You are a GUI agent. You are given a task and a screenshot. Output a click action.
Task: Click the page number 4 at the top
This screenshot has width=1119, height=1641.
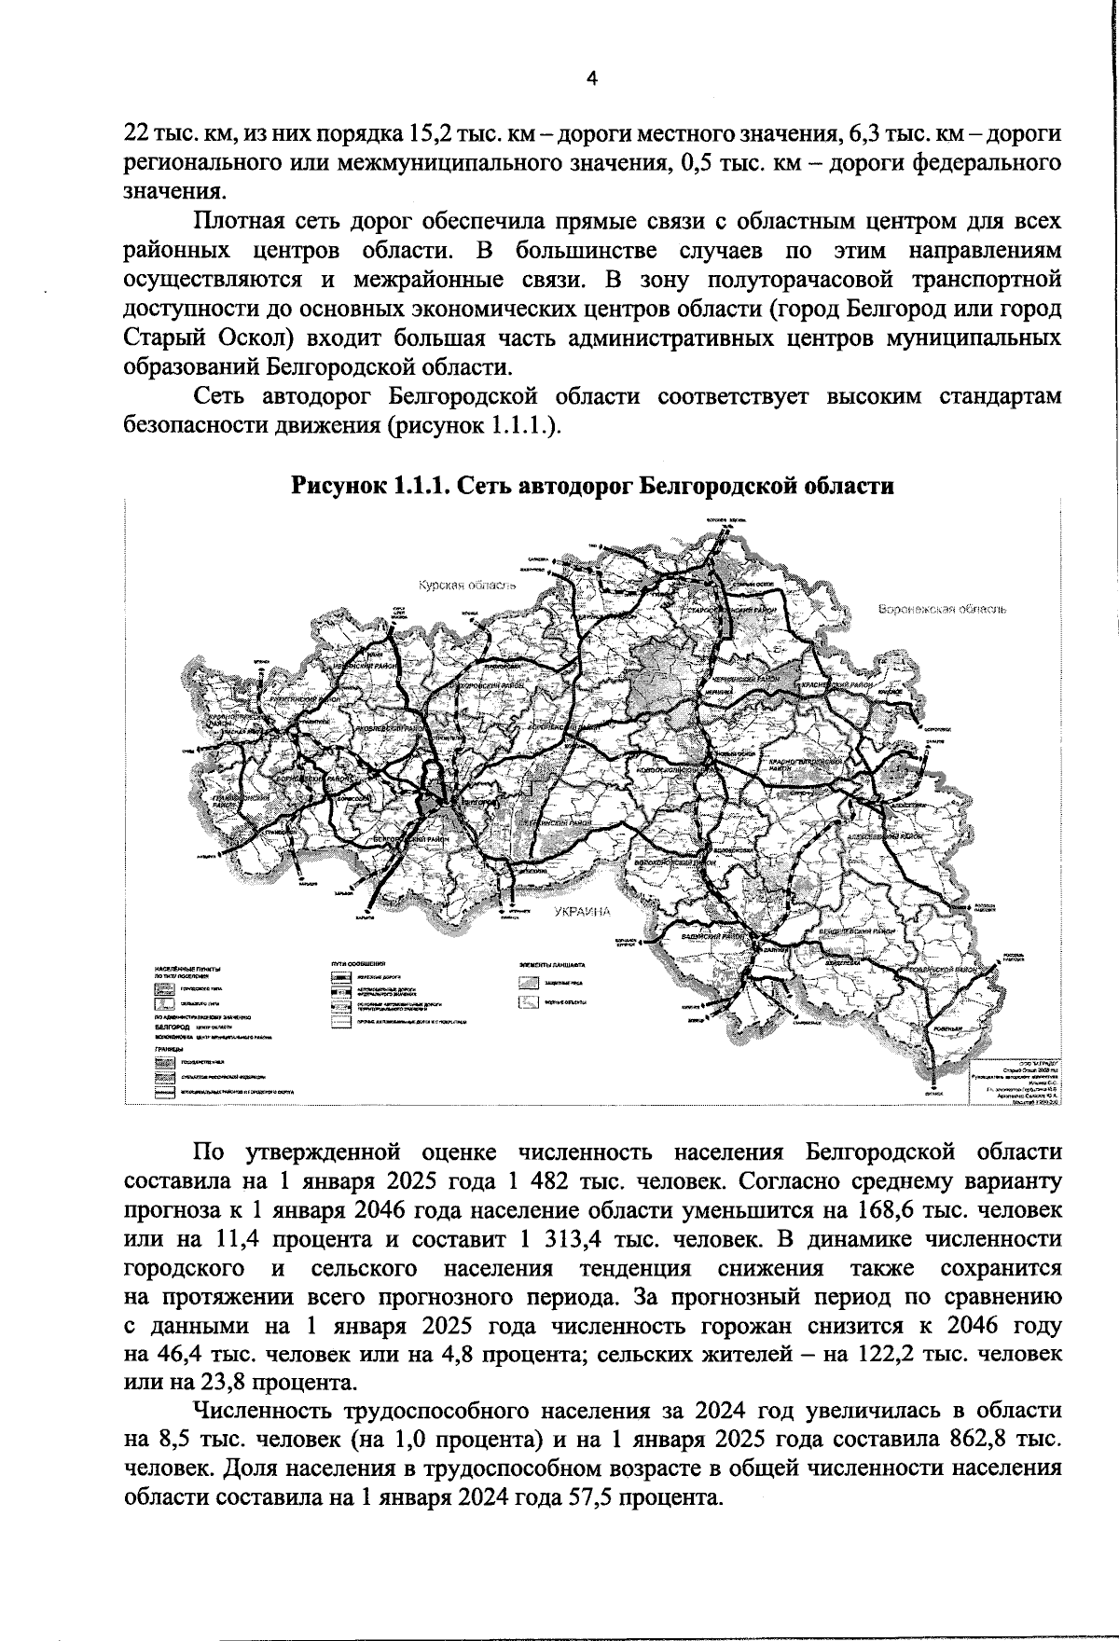point(591,80)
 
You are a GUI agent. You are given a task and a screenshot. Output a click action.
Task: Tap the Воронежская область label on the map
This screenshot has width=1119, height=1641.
point(942,609)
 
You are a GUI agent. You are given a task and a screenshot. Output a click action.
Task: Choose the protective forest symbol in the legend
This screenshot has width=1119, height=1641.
point(529,983)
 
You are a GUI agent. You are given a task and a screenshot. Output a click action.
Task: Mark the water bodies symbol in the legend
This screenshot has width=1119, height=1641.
point(529,1002)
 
